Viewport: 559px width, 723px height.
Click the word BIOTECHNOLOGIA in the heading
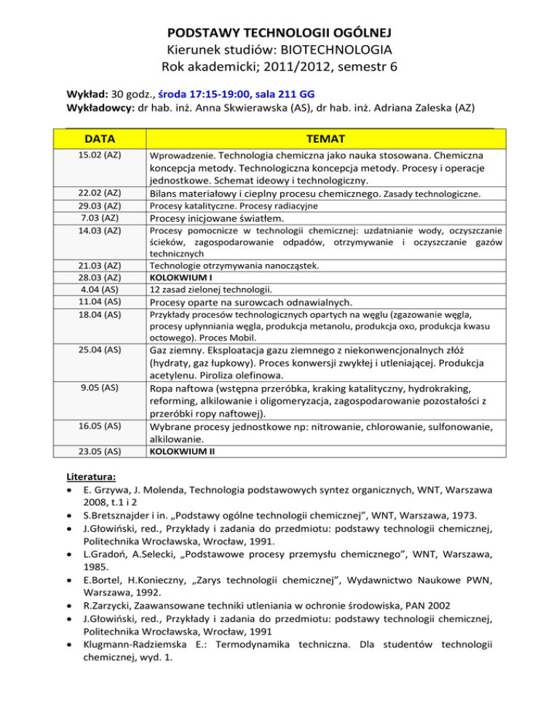(333, 50)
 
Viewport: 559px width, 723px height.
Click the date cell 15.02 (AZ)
(101, 156)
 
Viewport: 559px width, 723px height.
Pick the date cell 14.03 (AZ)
(101, 231)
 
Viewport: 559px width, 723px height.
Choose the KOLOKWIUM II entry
(182, 451)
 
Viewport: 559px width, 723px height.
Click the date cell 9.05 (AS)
(101, 388)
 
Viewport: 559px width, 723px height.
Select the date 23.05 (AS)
(101, 451)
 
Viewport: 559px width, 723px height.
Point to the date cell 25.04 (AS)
(101, 350)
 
